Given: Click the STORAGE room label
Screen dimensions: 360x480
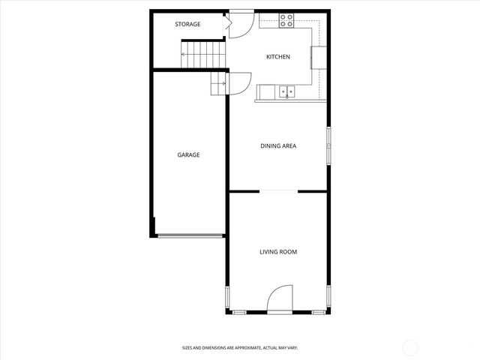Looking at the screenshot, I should point(187,25).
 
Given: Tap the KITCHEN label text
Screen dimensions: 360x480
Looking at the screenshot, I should point(278,57).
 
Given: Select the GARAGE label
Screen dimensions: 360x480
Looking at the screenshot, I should point(188,154).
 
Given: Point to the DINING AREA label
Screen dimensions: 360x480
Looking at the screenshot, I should point(278,145).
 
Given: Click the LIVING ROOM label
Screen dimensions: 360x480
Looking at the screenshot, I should point(278,252).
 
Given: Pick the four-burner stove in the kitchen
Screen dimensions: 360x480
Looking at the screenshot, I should point(287,20).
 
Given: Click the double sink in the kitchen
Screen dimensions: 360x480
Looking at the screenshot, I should point(287,93).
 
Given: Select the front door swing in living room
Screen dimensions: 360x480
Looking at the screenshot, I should point(280,299).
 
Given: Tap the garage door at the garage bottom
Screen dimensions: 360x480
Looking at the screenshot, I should point(190,236).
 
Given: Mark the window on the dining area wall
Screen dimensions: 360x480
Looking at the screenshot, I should point(328,144).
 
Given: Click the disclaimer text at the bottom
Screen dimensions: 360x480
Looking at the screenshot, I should point(240,348).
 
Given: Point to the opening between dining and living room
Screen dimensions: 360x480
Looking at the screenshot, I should point(278,191).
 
